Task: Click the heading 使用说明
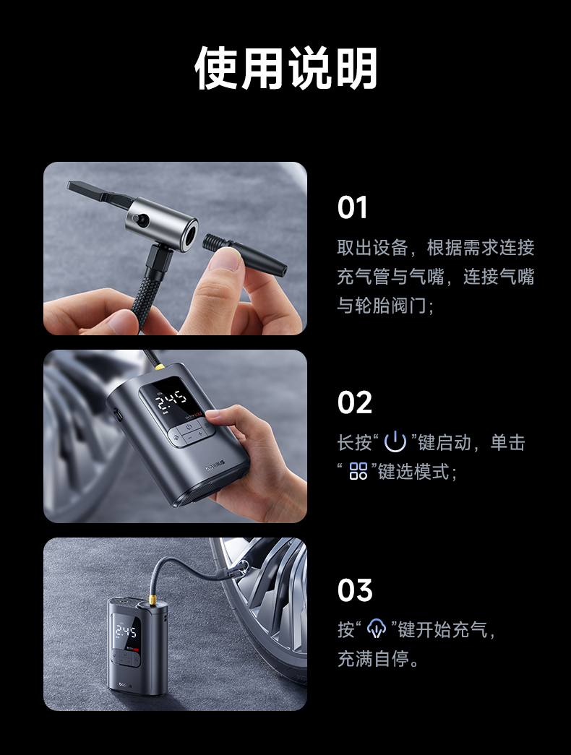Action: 285,69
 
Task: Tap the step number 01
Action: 352,207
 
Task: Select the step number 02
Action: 355,402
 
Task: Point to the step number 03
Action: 355,590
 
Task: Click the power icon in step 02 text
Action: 395,441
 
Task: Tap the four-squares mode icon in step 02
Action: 359,471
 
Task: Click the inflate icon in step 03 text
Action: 377,629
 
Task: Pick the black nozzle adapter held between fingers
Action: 244,253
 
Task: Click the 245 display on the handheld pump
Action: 171,400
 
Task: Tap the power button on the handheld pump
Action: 189,426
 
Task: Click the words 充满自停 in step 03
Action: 374,658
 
